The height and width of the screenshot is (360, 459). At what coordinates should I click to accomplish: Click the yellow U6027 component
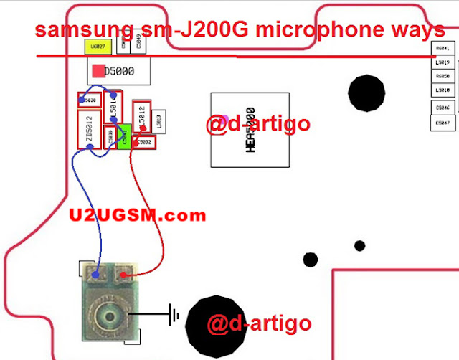click(96, 47)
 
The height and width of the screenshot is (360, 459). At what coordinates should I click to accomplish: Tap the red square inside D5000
click(98, 72)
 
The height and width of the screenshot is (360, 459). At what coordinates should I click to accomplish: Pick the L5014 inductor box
click(113, 108)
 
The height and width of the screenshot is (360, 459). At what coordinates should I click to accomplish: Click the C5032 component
click(145, 142)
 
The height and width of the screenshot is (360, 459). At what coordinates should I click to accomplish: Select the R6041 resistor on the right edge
click(443, 49)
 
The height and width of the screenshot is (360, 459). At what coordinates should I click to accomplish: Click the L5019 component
click(443, 62)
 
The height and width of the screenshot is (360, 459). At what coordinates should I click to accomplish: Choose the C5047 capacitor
click(443, 123)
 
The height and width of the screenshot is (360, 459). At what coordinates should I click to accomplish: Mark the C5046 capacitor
click(443, 108)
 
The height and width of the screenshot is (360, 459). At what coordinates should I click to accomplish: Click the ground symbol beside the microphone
click(173, 313)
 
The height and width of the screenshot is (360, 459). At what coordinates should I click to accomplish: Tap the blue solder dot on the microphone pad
click(95, 273)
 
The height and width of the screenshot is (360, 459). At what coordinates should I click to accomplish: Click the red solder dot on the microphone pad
click(124, 274)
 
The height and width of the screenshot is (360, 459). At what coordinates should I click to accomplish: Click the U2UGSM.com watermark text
click(138, 214)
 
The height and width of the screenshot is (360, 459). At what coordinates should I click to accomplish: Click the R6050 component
click(443, 76)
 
